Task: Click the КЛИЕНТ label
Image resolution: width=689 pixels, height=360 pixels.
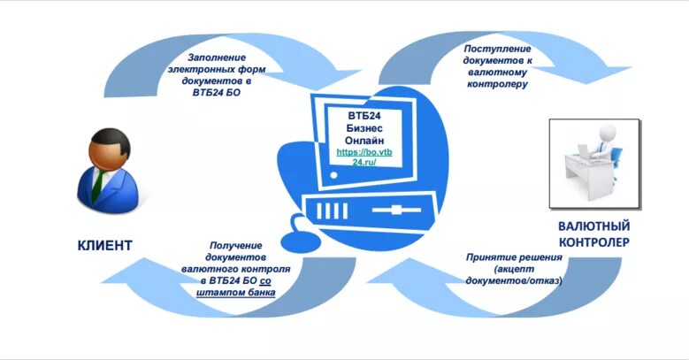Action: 103,245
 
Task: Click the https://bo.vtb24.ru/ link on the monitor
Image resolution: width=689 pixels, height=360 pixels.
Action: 364,157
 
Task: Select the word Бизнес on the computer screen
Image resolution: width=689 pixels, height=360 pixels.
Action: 364,128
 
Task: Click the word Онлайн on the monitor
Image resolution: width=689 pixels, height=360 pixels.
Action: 364,140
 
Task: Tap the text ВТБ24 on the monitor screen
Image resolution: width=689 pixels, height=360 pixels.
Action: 364,116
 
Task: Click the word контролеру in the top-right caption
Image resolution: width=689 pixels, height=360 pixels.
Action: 498,84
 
